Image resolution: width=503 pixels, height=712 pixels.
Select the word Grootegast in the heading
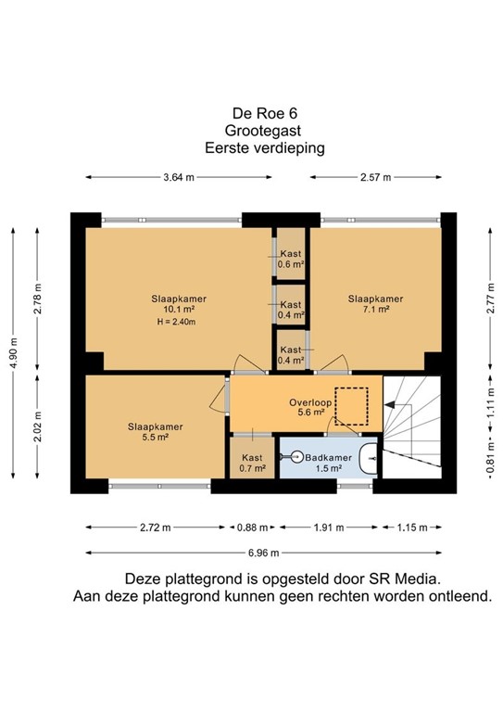click(x=251, y=132)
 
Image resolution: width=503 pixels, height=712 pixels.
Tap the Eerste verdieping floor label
click(x=251, y=146)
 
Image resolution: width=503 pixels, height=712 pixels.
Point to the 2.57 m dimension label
click(x=375, y=177)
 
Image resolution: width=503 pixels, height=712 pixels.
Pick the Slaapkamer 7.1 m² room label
click(x=375, y=303)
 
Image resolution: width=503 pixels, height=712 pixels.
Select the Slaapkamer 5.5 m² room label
click(x=155, y=432)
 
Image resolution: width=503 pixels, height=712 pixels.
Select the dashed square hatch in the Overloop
click(x=352, y=404)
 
